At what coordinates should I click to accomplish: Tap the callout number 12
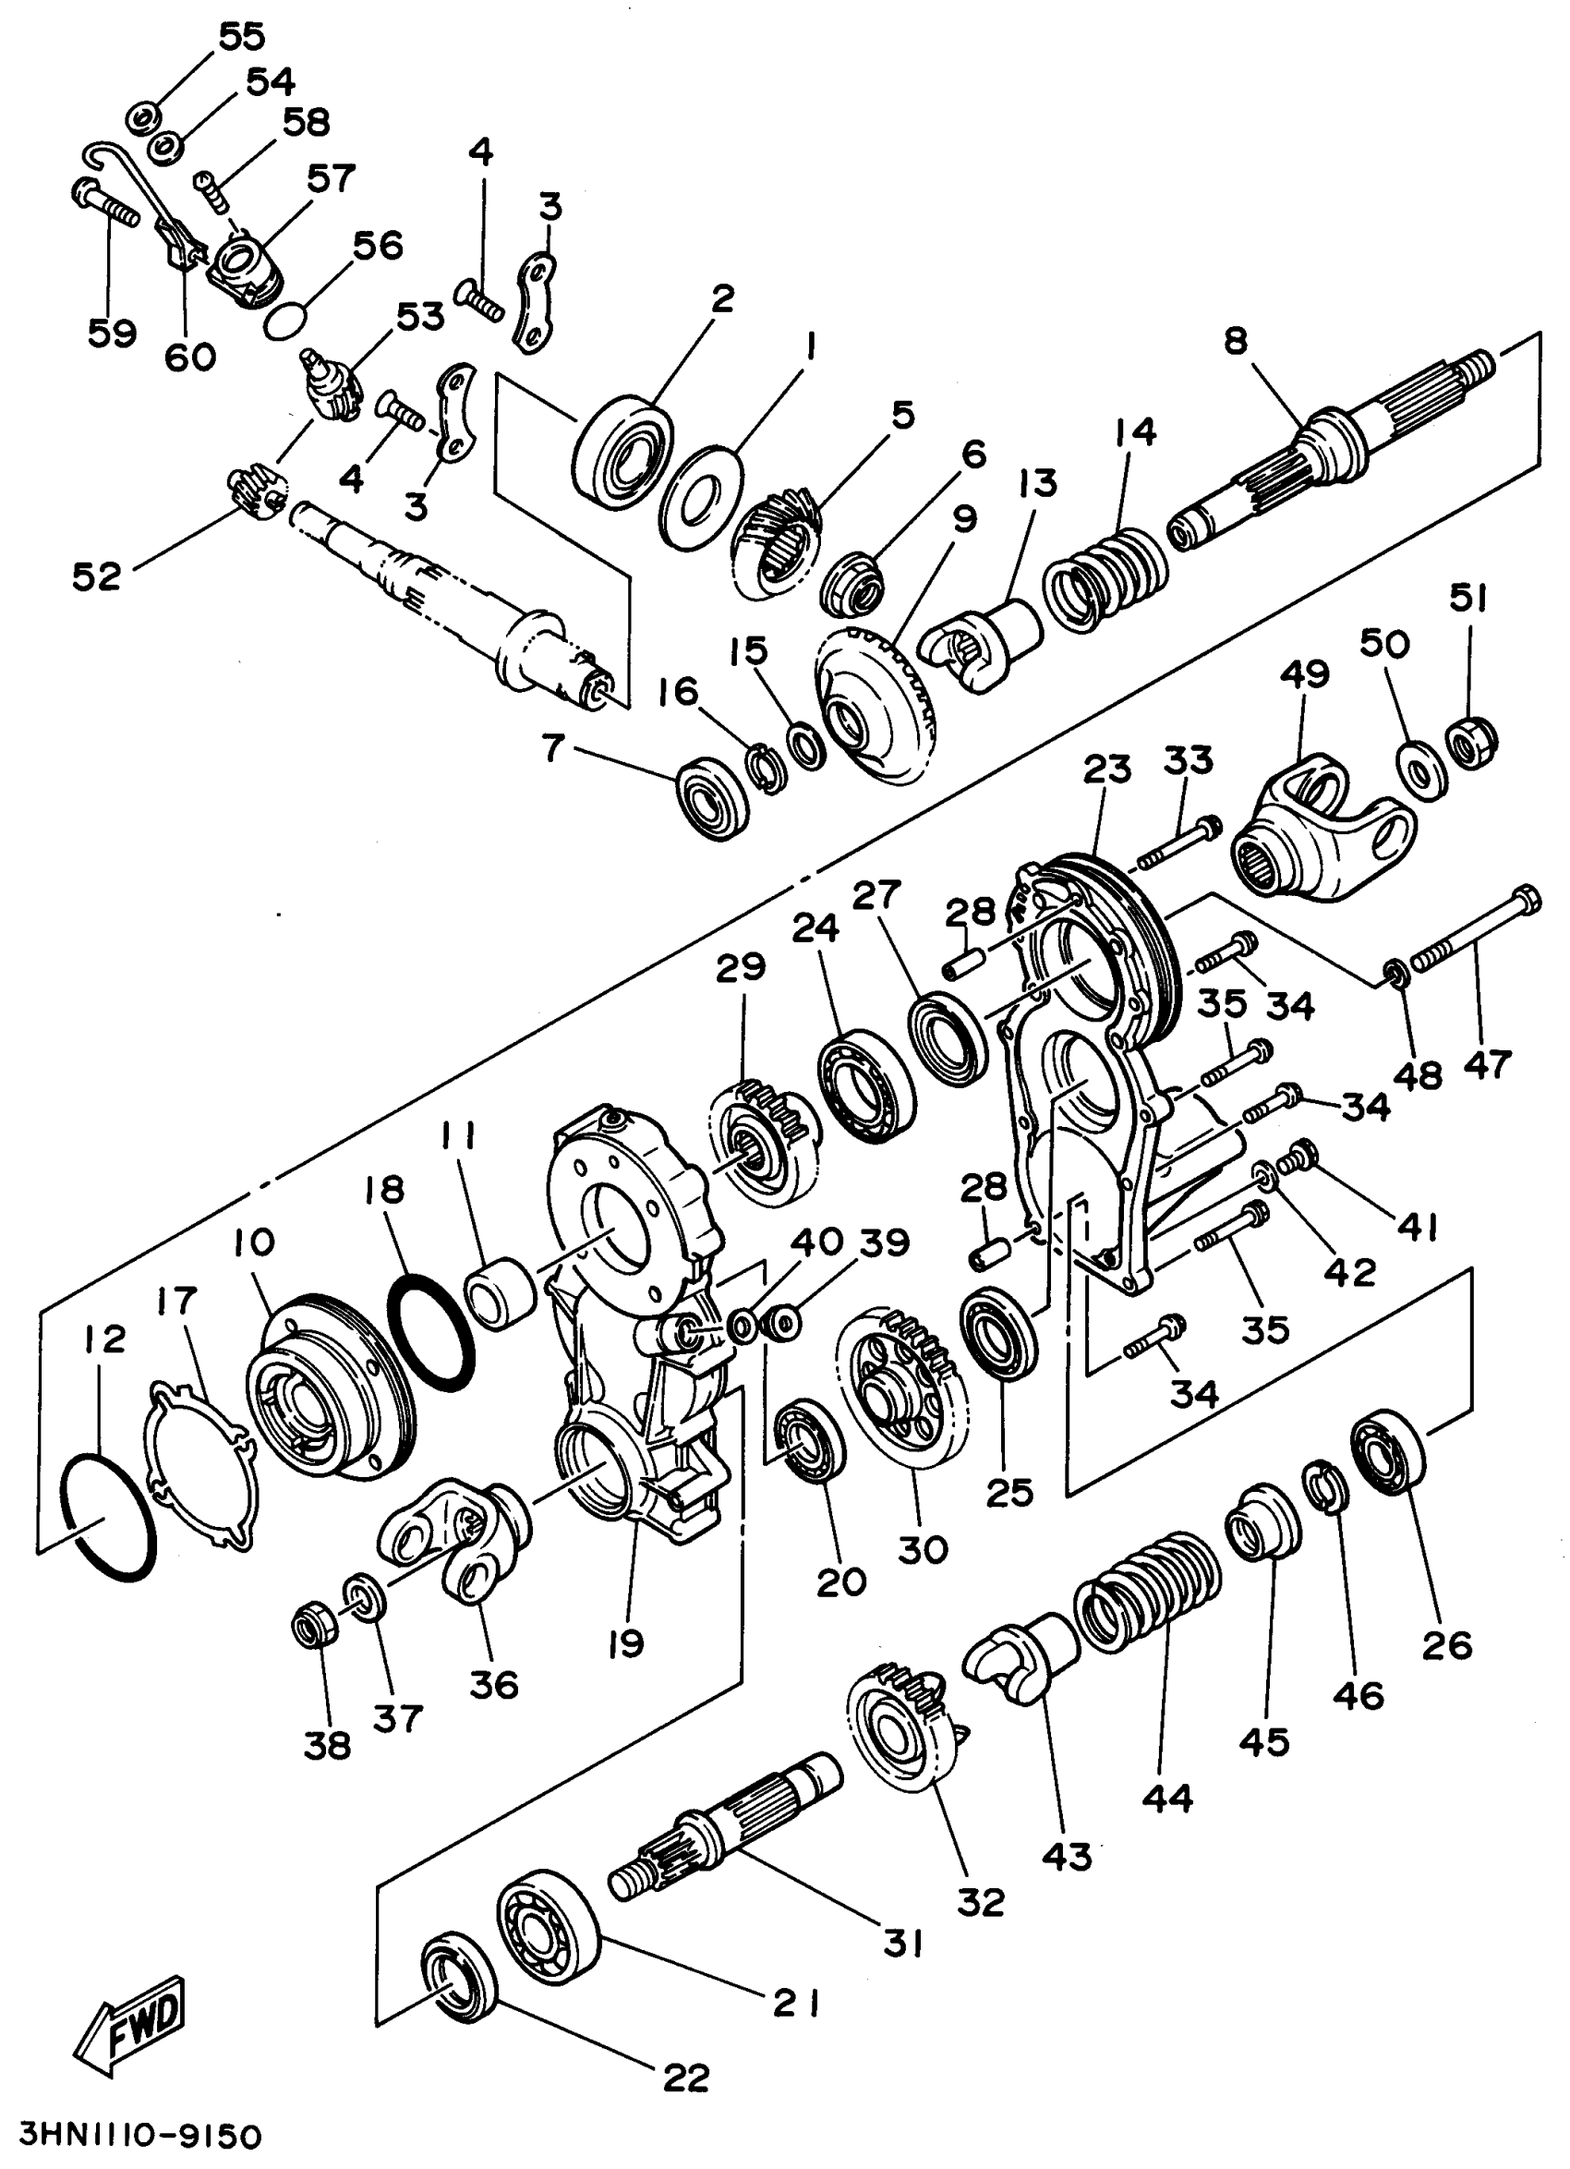[x=104, y=1338]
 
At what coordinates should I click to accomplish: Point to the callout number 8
[x=1236, y=341]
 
